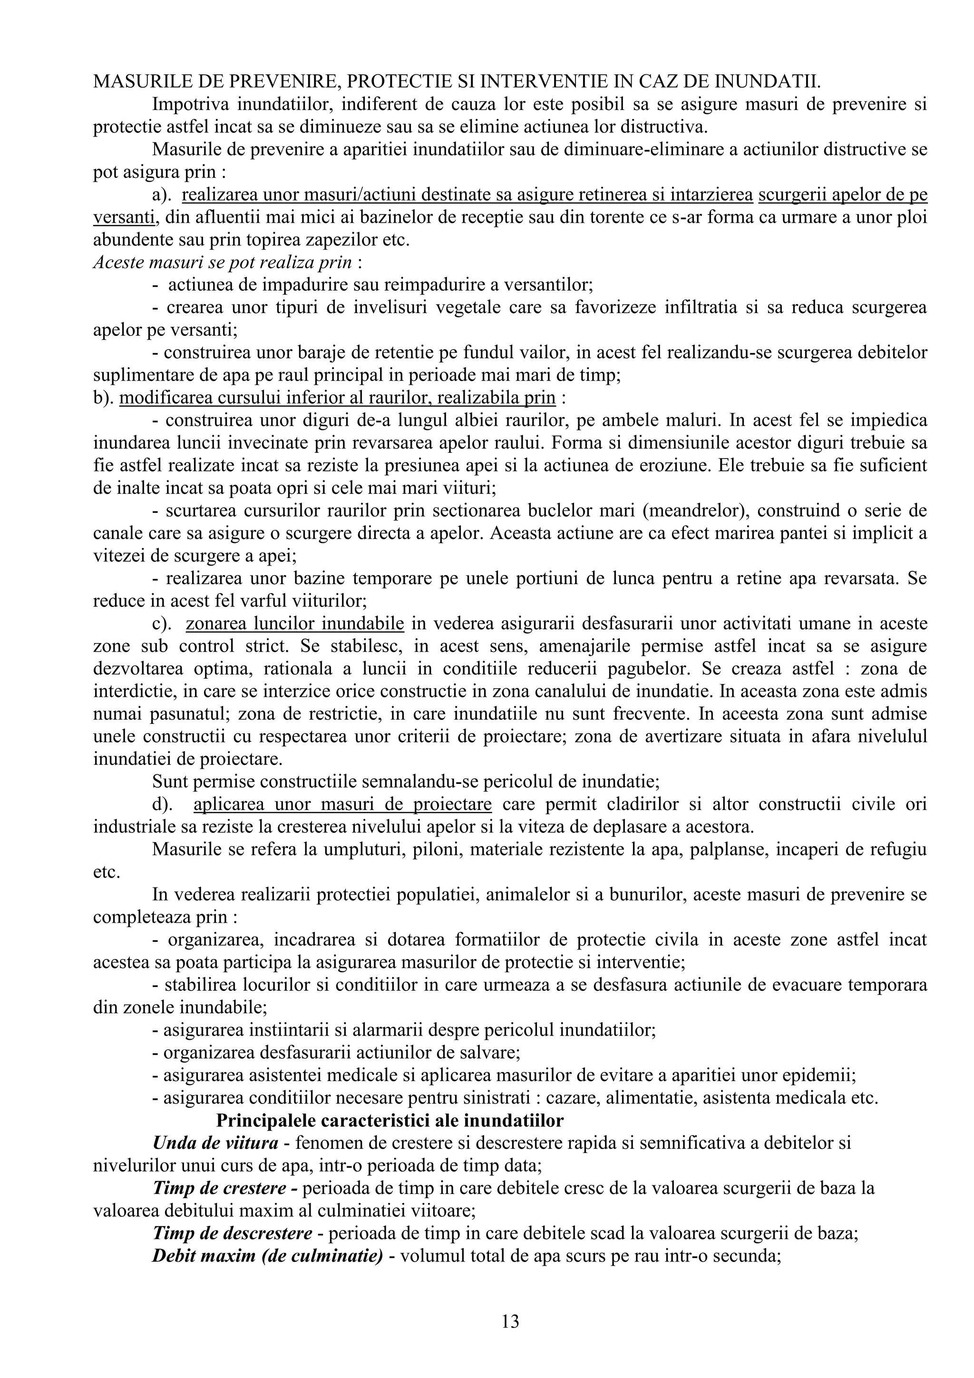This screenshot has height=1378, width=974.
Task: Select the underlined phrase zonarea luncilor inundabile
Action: pyautogui.click(x=295, y=624)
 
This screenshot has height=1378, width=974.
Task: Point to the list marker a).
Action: pyautogui.click(x=162, y=195)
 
